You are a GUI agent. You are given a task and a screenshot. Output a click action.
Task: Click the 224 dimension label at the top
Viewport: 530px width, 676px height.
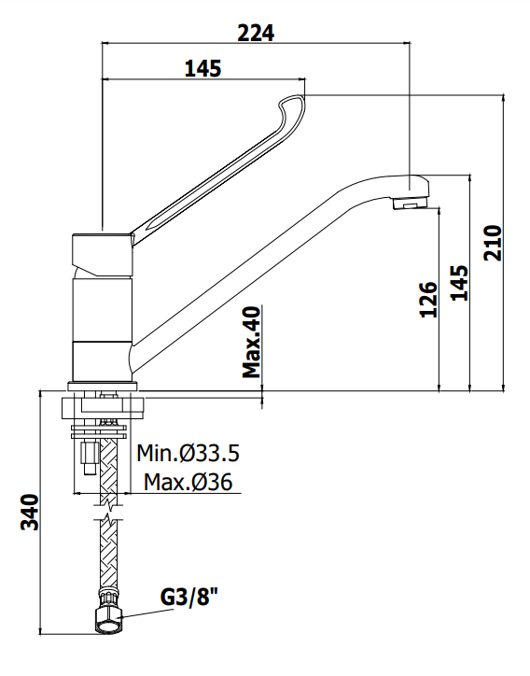pyautogui.click(x=256, y=33)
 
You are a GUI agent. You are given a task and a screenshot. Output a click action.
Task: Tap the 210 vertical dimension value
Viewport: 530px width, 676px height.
pyautogui.click(x=493, y=243)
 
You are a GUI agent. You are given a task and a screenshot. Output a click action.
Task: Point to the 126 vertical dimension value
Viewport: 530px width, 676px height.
pyautogui.click(x=428, y=299)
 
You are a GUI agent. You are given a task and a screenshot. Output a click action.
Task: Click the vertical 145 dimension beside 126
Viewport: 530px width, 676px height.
pyautogui.click(x=459, y=283)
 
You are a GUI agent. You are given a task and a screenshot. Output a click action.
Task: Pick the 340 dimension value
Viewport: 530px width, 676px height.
pyautogui.click(x=31, y=513)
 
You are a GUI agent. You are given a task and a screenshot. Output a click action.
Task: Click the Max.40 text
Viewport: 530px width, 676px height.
pyautogui.click(x=252, y=342)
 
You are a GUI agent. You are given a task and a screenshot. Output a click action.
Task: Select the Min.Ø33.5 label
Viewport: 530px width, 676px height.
pyautogui.click(x=188, y=453)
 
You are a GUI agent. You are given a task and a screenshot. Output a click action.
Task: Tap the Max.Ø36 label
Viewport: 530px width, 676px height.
pyautogui.click(x=188, y=482)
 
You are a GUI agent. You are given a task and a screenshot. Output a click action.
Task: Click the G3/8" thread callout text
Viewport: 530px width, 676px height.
pyautogui.click(x=189, y=598)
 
